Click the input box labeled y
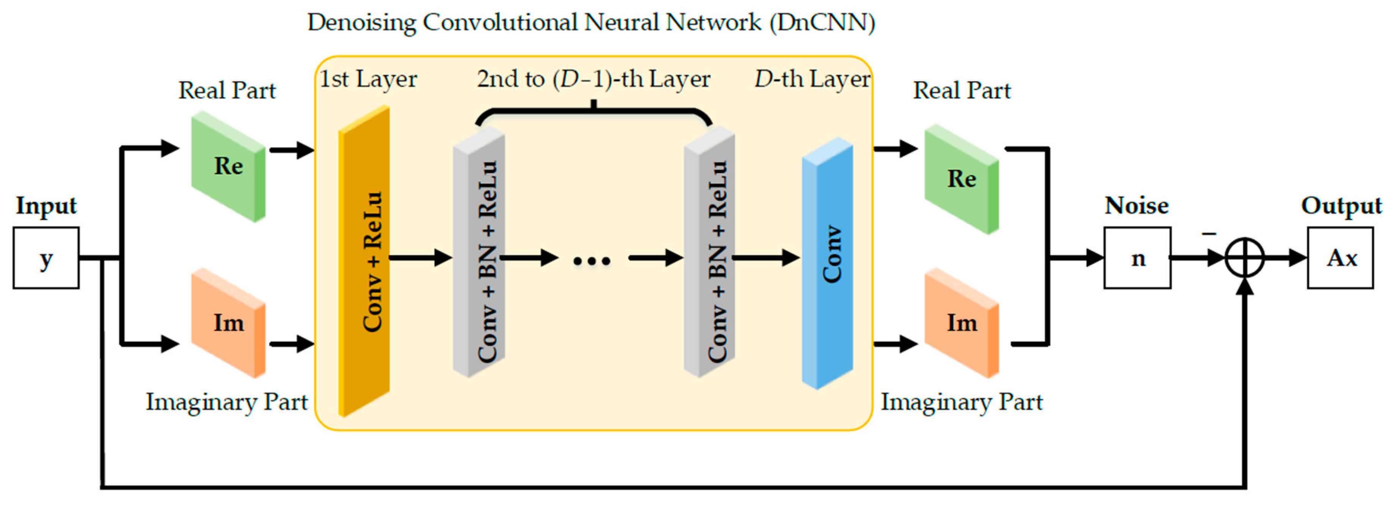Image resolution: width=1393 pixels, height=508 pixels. tap(46, 258)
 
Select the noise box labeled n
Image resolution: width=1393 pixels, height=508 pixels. tap(1137, 258)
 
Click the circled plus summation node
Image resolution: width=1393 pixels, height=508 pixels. tap(1244, 258)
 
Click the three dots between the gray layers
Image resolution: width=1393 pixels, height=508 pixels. tap(592, 261)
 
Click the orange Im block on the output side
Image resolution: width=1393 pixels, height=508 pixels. tap(962, 323)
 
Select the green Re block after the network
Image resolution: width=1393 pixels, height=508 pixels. tap(962, 179)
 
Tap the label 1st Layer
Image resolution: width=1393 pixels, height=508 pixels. tap(368, 79)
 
